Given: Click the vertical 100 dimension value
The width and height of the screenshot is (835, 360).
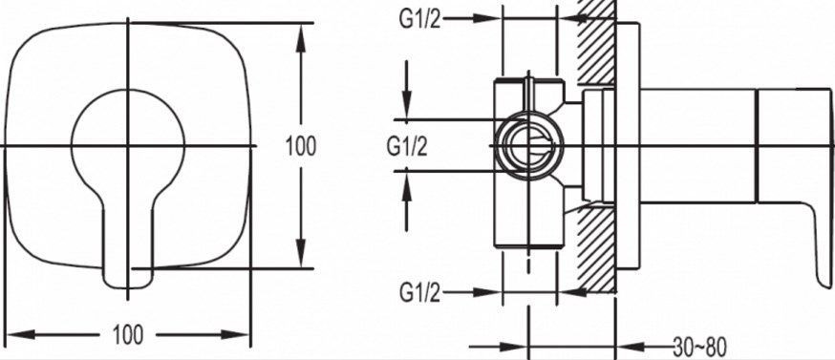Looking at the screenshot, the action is [x=301, y=146].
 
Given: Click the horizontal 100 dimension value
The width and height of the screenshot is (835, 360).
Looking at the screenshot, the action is [x=128, y=335].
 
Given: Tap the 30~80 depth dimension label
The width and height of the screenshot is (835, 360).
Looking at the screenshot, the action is [x=699, y=348].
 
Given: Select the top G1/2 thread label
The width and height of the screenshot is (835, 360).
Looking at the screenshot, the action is [x=420, y=19].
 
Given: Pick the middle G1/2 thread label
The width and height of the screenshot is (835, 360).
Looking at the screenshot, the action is [x=407, y=146].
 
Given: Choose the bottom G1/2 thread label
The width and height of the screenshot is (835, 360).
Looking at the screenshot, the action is [x=420, y=292].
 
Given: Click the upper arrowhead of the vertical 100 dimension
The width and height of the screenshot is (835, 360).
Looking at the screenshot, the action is [x=301, y=38].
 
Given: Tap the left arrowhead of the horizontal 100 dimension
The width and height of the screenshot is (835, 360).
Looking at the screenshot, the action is [x=20, y=335].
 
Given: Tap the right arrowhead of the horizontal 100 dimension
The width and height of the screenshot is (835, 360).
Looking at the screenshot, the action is [x=235, y=335].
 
